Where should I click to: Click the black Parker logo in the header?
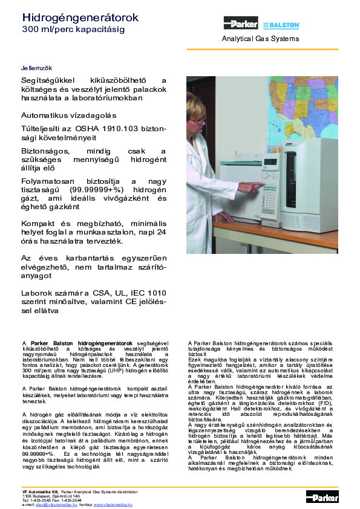[x=240, y=24]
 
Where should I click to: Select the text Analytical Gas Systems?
[x=260, y=39]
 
